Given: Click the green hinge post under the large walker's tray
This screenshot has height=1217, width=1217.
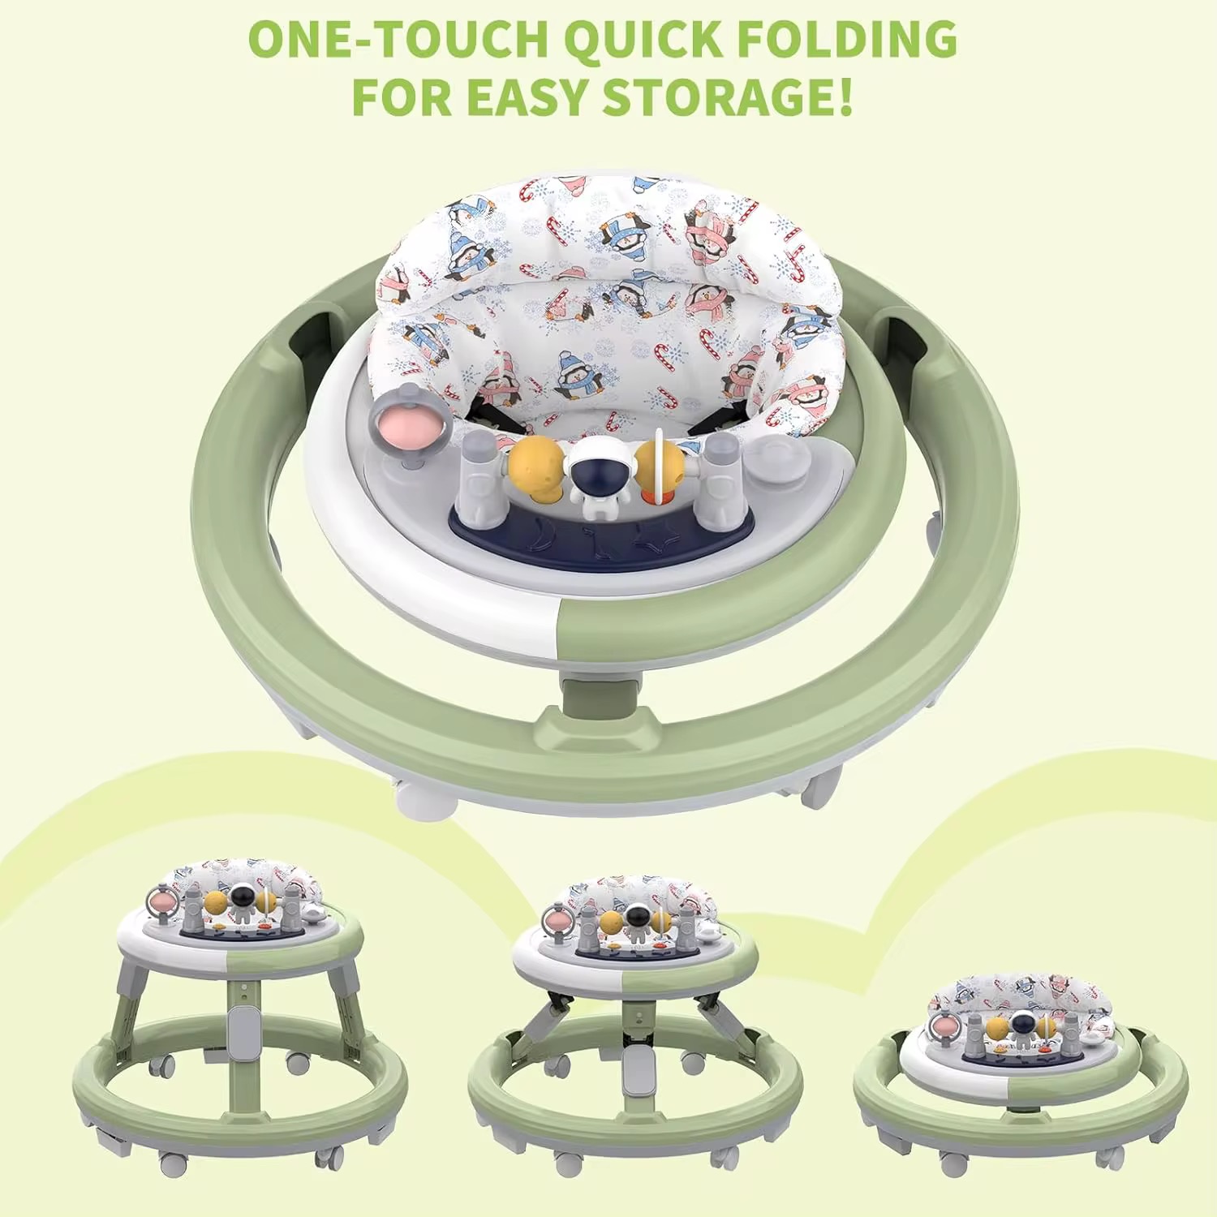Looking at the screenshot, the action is (596, 701).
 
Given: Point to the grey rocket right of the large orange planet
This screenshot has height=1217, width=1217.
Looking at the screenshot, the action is (717, 474).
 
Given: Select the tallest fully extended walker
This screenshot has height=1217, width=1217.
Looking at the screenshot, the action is (240, 1014).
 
